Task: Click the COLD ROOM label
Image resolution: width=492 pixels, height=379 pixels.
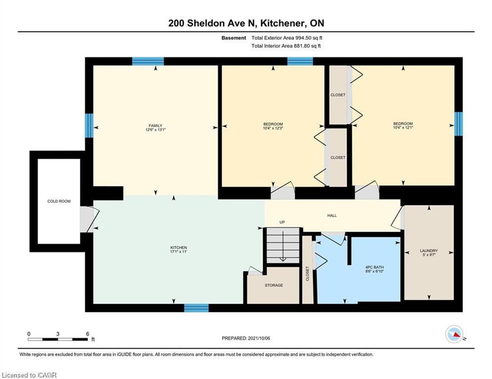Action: pos(59,201)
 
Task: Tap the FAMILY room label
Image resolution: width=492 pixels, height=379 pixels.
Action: pos(155,126)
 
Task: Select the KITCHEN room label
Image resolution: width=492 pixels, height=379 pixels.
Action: pos(179,248)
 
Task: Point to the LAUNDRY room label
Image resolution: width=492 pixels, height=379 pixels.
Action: pos(429,251)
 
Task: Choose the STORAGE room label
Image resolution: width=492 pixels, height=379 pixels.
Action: pos(273,285)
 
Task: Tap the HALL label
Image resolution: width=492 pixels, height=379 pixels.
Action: pos(332,215)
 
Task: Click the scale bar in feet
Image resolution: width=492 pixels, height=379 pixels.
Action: pos(58,339)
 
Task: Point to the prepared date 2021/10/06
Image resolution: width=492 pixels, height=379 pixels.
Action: pos(246,339)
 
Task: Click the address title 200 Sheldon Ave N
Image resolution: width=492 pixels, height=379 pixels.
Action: pos(246,23)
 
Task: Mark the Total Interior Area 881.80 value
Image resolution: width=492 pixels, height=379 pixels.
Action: pos(286,46)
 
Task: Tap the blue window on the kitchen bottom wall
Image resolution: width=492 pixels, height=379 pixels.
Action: pos(196,308)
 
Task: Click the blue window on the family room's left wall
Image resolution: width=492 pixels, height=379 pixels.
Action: pos(89,125)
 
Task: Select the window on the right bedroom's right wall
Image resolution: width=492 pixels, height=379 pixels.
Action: pos(458,123)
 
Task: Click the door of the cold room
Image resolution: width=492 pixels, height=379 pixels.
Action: pos(89,219)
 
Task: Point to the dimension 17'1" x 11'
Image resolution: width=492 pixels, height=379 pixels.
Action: pos(179,252)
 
